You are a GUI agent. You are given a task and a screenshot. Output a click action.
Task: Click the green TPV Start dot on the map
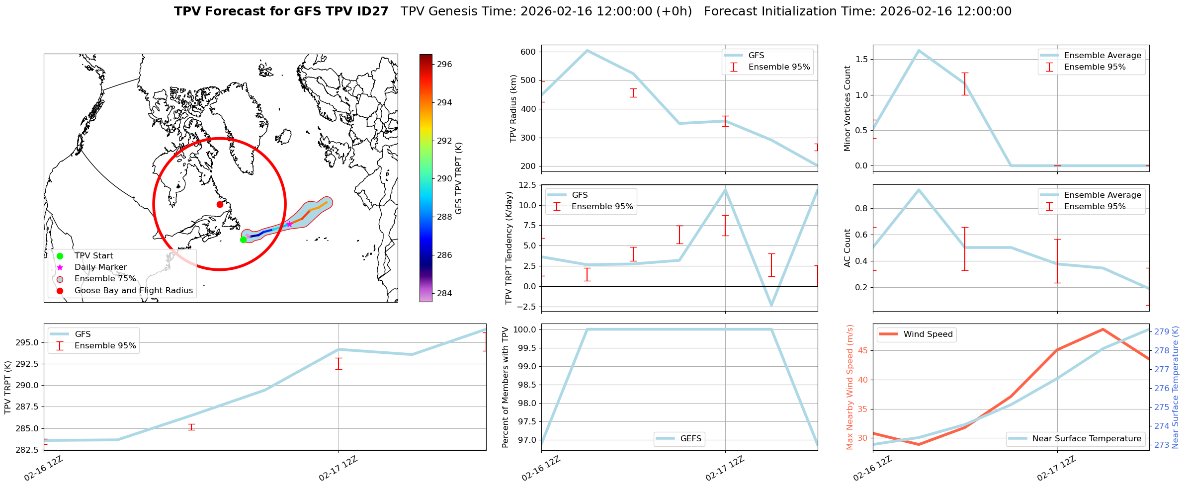[x=243, y=240]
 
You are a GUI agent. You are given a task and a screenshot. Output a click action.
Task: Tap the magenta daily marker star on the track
[x=289, y=224]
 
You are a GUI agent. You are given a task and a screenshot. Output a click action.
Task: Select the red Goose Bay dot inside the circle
[x=220, y=204]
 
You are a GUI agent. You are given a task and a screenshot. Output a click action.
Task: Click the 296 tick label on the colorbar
[x=445, y=64]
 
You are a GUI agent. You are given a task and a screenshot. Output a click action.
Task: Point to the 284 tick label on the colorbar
[x=445, y=293]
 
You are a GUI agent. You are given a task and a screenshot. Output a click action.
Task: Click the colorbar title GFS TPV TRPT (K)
[x=459, y=178]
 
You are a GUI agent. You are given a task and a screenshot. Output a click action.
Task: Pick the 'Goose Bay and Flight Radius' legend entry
[x=133, y=291]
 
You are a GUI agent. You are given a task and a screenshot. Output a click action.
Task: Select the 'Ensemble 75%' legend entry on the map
[x=105, y=279]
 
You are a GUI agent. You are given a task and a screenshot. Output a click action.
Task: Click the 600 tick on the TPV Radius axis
[x=528, y=52]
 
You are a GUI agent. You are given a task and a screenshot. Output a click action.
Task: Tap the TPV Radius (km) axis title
[x=513, y=108]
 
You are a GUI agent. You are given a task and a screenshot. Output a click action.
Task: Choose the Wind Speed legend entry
[x=928, y=334]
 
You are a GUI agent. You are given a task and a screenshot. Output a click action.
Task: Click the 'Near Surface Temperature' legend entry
[x=1087, y=439]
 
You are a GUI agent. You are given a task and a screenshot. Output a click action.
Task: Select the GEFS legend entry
[x=690, y=439]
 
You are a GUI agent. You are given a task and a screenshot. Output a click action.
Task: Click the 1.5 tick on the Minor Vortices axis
[x=861, y=60]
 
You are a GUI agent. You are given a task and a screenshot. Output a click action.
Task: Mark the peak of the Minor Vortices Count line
[x=919, y=50]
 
